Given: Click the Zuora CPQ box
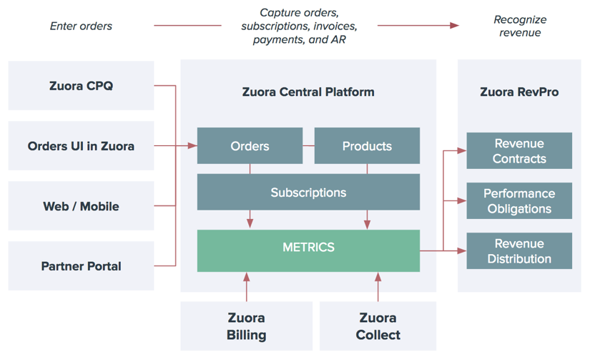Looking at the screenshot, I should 81,86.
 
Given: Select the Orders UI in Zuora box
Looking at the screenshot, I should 81,146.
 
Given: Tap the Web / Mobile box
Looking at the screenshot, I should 81,206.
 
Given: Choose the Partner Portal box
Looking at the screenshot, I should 81,266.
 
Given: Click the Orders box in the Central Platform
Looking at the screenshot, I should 250,146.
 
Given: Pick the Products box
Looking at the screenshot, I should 367,146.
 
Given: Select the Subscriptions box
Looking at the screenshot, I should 308,193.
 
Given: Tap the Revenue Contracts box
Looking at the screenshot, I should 519,151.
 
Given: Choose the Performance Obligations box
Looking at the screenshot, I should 519,201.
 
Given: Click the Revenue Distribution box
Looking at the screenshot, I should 519,251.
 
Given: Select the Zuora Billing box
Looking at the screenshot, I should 246,326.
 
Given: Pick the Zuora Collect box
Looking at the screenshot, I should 378,326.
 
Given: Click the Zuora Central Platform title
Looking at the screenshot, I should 308,92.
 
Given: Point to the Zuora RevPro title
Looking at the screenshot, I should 519,92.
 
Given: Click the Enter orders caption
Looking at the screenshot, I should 81,26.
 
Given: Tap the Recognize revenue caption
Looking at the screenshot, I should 519,26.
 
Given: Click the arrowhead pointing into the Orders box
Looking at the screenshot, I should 192,146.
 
